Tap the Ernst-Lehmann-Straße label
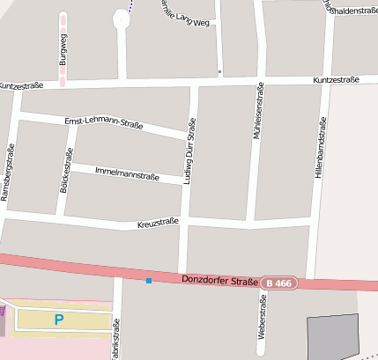click(x=104, y=125)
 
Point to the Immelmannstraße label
click(x=126, y=172)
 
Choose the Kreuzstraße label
click(x=158, y=224)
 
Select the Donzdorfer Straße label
click(x=219, y=281)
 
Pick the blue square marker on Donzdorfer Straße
click(x=149, y=280)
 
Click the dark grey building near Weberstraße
click(x=333, y=337)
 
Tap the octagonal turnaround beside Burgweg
click(x=121, y=18)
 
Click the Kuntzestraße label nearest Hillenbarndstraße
click(x=336, y=80)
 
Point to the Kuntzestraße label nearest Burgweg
click(x=21, y=86)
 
